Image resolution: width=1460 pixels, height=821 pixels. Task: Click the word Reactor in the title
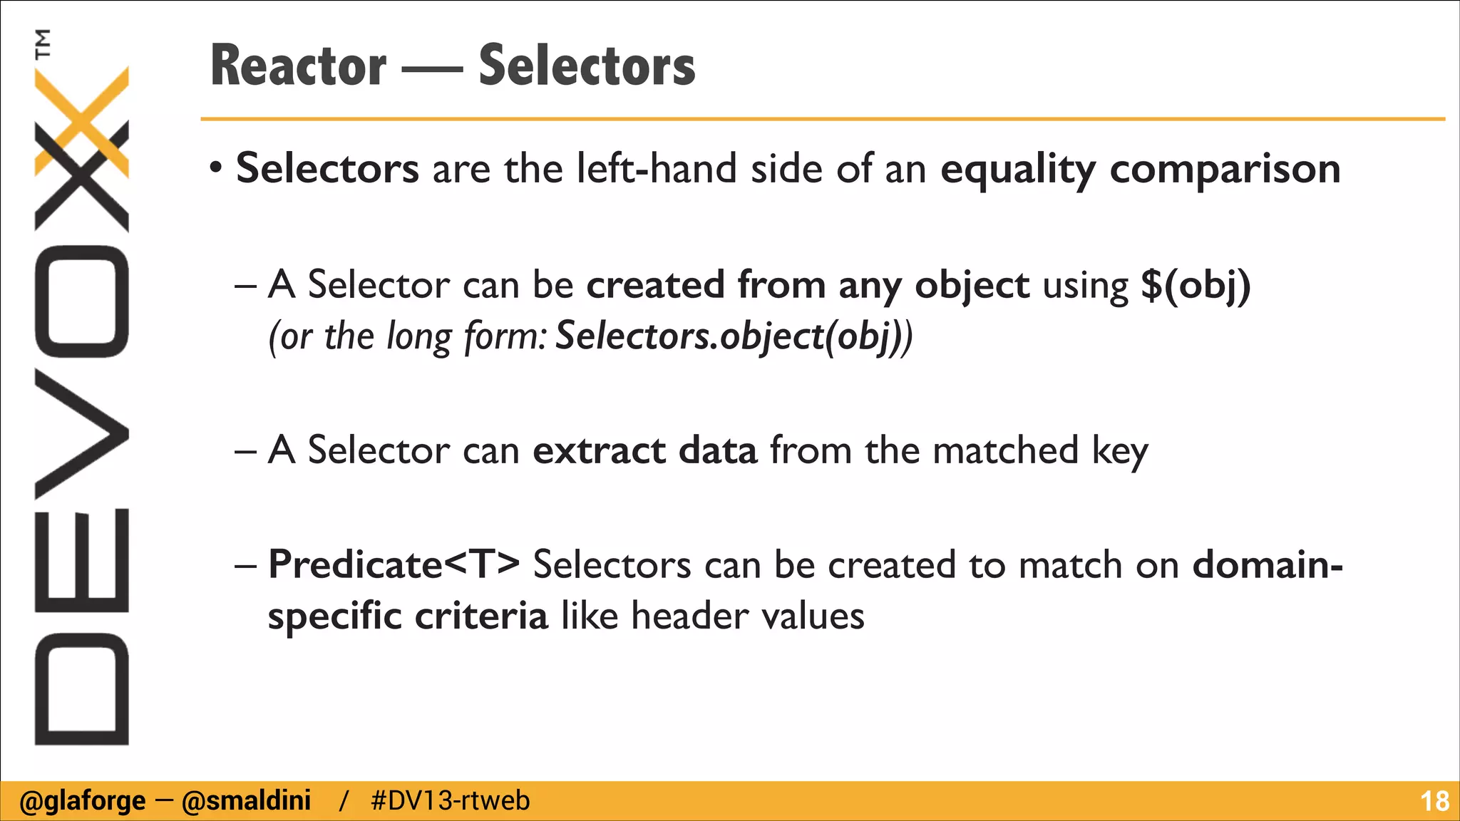pyautogui.click(x=299, y=66)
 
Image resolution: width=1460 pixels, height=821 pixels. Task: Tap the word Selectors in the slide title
pyautogui.click(x=587, y=66)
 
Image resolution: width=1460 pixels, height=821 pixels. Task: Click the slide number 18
pyautogui.click(x=1434, y=802)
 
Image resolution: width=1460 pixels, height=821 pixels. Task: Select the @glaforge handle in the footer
pyautogui.click(x=83, y=801)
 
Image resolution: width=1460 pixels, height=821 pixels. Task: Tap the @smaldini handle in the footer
pyautogui.click(x=247, y=801)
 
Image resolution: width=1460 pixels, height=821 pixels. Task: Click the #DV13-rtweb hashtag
pyautogui.click(x=451, y=801)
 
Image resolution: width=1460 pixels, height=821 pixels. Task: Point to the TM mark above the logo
pyautogui.click(x=43, y=43)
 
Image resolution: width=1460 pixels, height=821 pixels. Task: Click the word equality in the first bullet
pyautogui.click(x=1018, y=170)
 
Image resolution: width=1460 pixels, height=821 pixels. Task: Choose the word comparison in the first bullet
pyautogui.click(x=1225, y=170)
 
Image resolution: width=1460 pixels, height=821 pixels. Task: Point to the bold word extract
pyautogui.click(x=599, y=451)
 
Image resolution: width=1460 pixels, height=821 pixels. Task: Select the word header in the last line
pyautogui.click(x=689, y=616)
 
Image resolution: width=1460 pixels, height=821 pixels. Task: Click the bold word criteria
pyautogui.click(x=481, y=616)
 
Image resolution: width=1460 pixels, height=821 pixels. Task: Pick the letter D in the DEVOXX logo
pyautogui.click(x=81, y=689)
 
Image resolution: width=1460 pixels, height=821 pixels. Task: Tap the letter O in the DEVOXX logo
pyautogui.click(x=81, y=301)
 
